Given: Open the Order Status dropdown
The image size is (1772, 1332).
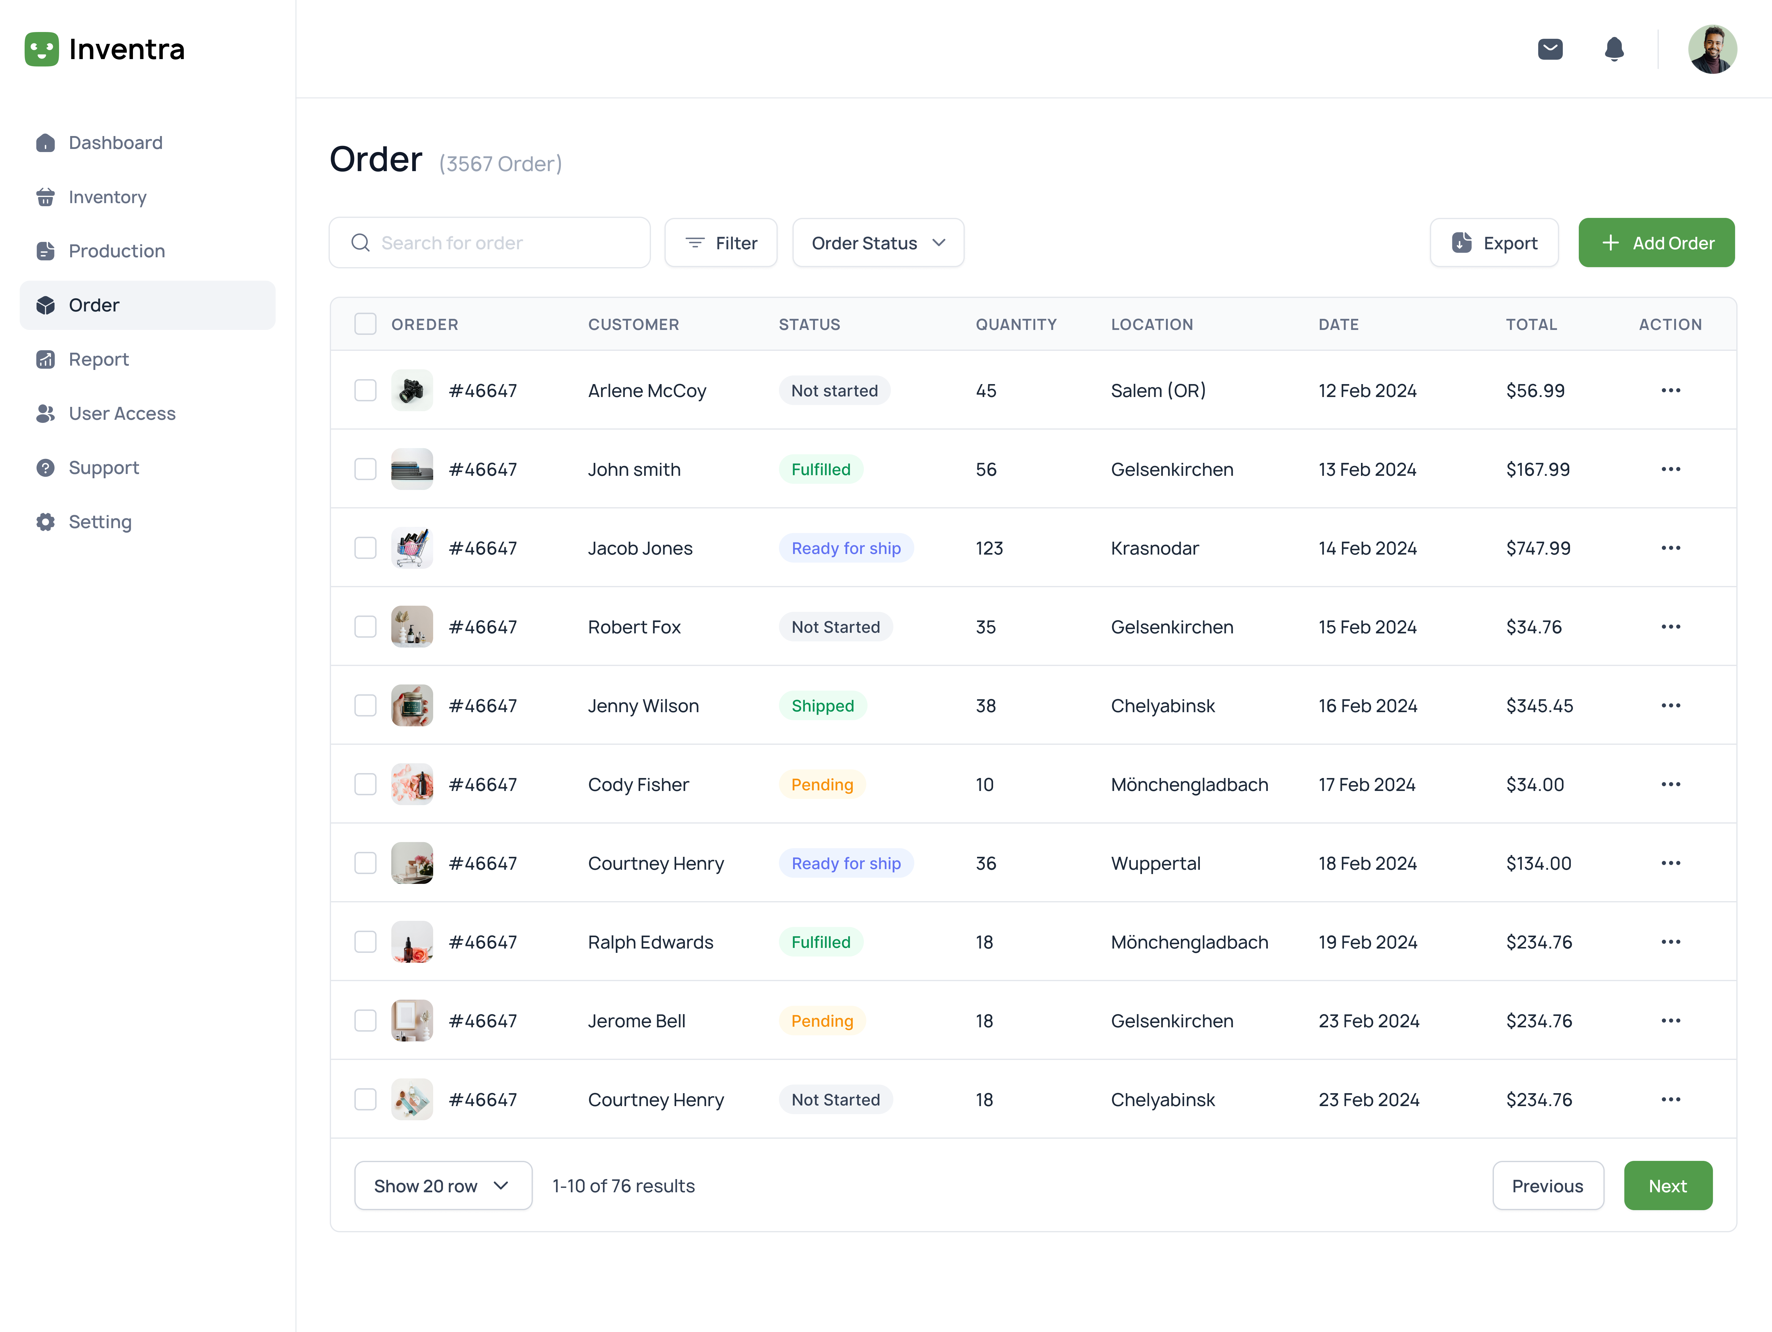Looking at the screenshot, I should (878, 243).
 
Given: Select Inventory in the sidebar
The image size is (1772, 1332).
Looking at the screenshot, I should (107, 197).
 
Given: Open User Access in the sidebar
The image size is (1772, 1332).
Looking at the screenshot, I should (122, 414).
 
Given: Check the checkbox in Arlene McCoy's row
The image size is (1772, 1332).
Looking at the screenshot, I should (365, 390).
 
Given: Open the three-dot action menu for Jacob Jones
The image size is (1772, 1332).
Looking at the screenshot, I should (1670, 548).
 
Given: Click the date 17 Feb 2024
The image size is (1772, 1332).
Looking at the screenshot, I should (1367, 784).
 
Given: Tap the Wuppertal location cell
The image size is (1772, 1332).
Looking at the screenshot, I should (1155, 863).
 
